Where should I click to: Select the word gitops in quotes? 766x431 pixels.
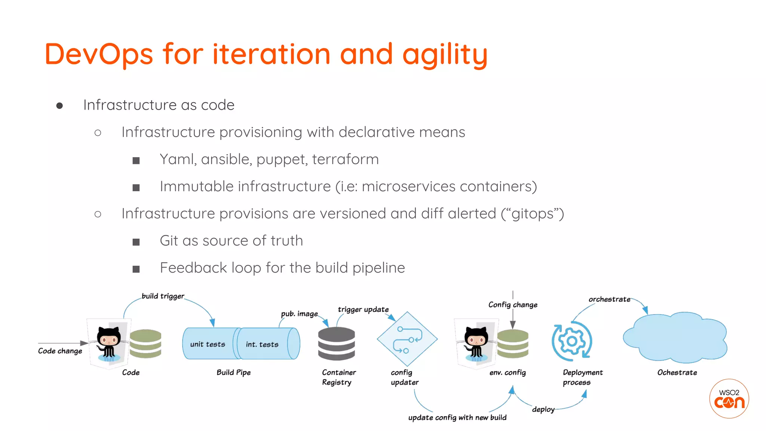tap(533, 214)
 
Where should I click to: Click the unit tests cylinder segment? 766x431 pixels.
tap(208, 344)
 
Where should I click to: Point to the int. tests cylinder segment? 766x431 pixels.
tap(263, 344)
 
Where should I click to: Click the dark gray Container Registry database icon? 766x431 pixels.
tap(336, 343)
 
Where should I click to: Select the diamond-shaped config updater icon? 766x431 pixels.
tap(407, 339)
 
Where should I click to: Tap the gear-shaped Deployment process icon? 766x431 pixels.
tap(571, 341)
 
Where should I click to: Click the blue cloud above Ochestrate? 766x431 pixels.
tap(675, 337)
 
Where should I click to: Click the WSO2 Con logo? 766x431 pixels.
tap(729, 399)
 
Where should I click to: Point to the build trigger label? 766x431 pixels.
tap(163, 296)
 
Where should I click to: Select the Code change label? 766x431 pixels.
tap(60, 351)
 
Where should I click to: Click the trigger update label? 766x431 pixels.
tap(363, 309)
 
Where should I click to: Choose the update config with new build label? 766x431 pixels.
tap(457, 418)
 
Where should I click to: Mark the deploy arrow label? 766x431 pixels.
tap(543, 409)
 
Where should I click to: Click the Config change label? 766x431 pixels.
tap(513, 305)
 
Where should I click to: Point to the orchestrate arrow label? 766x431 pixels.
tap(609, 299)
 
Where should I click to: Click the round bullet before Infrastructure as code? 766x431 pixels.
tap(59, 106)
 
